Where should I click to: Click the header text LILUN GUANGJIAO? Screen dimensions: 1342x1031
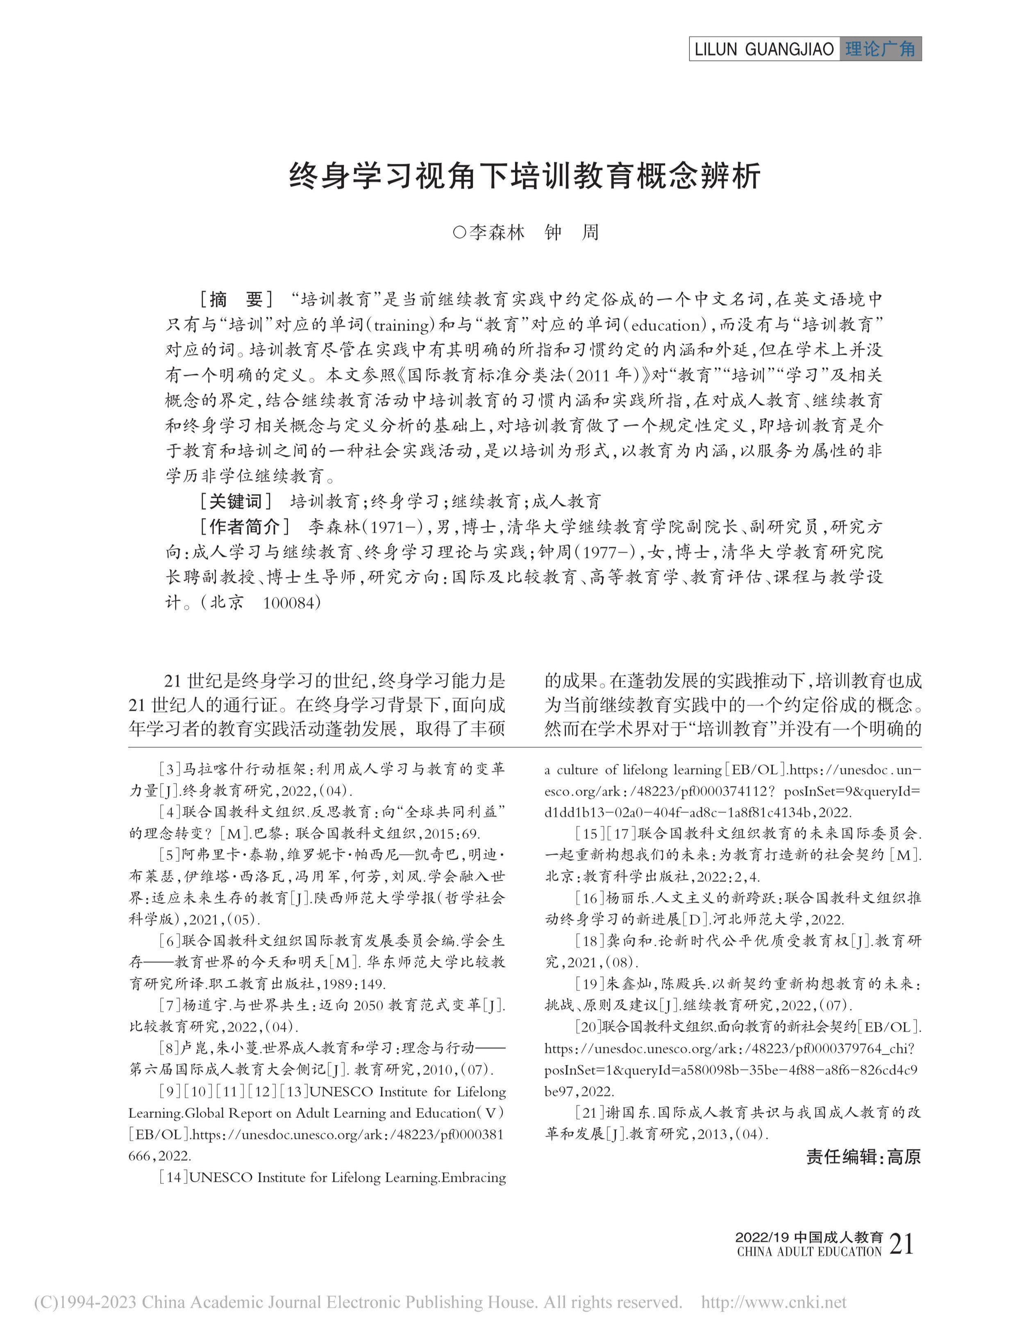coord(764,49)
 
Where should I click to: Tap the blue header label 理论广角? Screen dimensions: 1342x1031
coord(880,49)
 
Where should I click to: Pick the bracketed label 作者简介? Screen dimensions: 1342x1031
coord(244,527)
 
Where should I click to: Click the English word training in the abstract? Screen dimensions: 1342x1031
coord(402,325)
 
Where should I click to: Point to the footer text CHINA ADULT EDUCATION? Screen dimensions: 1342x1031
coord(809,1252)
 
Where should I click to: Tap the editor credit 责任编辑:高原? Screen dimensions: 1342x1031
coord(863,1157)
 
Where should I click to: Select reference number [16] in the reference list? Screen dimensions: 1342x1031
coord(590,898)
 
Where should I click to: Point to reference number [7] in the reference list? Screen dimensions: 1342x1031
coord(170,1005)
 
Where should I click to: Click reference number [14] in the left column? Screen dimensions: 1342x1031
coord(174,1177)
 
